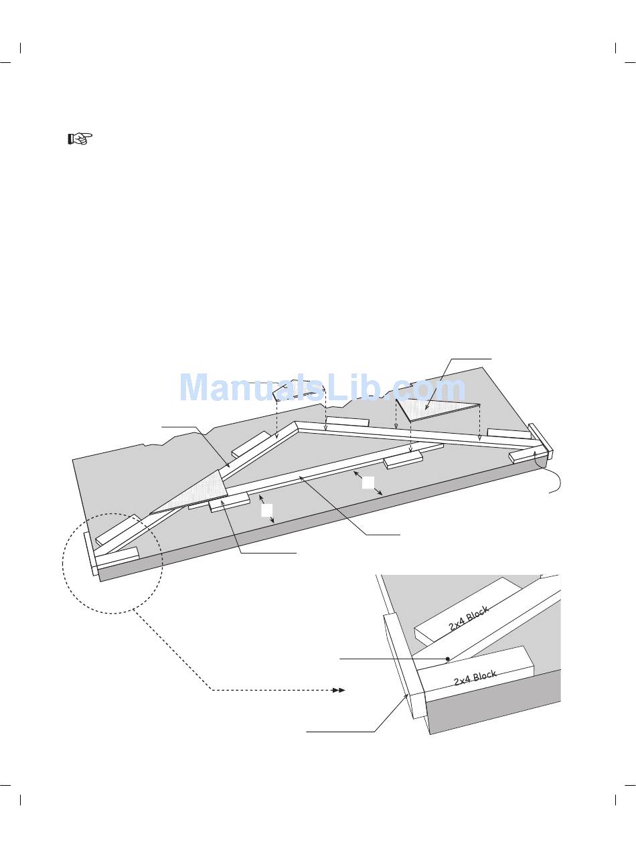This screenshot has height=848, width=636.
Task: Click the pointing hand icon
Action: [79, 139]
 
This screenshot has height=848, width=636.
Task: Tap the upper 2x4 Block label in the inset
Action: [469, 618]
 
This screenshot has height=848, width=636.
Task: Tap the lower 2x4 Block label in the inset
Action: [475, 679]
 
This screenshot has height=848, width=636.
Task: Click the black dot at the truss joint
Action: [448, 659]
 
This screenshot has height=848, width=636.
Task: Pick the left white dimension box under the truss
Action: [266, 511]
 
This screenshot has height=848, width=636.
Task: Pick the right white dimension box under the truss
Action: [368, 482]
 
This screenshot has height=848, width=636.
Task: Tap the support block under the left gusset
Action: [230, 503]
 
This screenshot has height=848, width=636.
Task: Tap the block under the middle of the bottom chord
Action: [402, 459]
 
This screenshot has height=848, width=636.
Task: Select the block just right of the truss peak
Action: [347, 422]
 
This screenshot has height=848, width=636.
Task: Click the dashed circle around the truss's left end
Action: [112, 562]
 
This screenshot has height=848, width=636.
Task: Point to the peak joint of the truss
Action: [296, 426]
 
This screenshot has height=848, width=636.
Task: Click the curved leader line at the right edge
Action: [552, 479]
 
